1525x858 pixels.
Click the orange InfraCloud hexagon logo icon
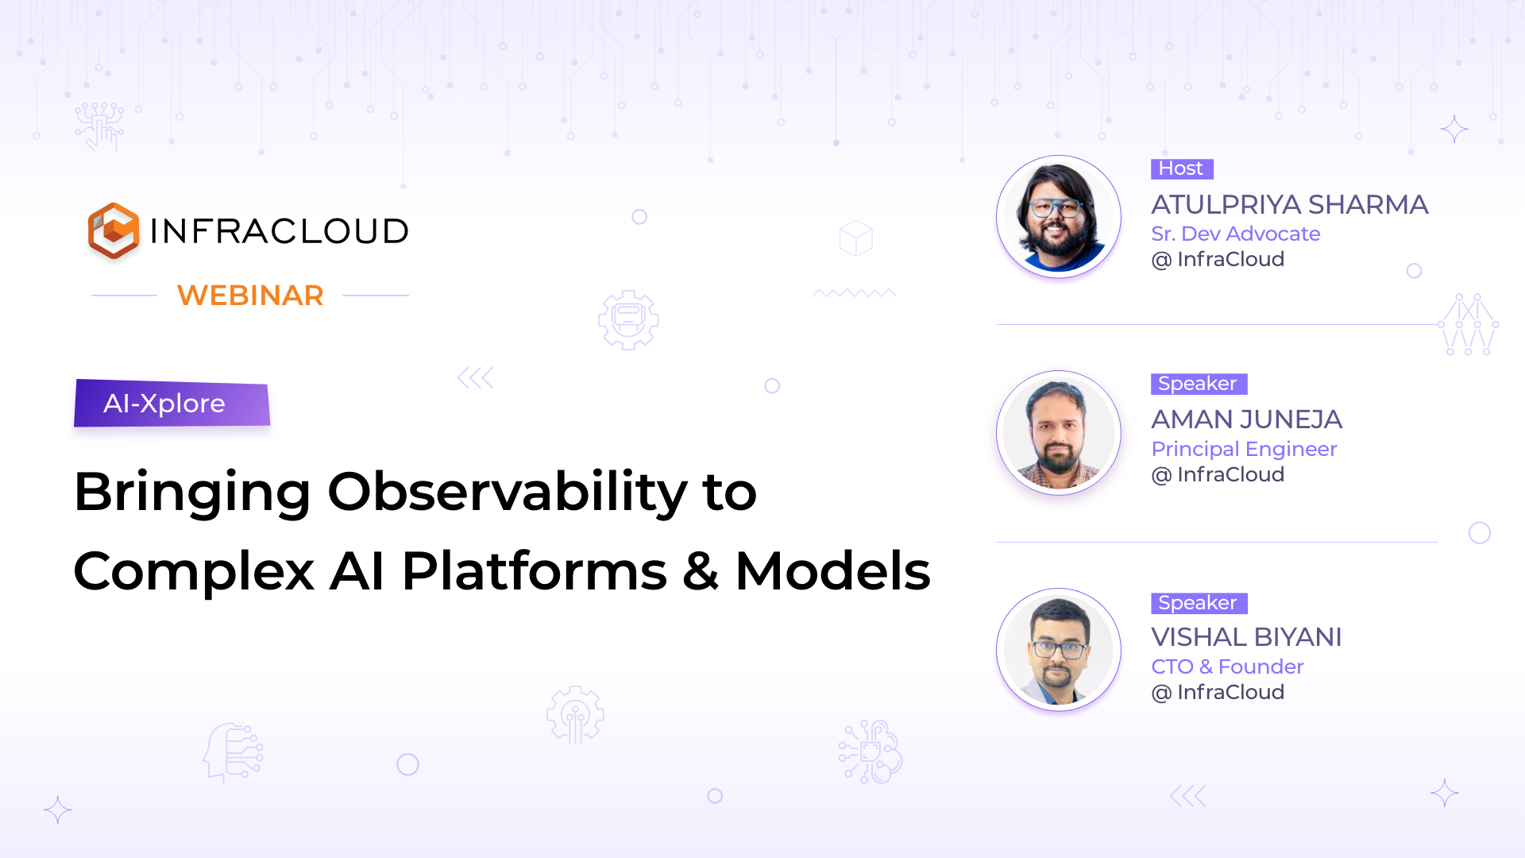[x=114, y=230]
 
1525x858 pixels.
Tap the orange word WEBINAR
[x=250, y=296]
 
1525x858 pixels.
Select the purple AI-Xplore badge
[x=172, y=403]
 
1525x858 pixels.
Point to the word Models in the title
[x=832, y=571]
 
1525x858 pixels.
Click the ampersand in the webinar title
[x=701, y=571]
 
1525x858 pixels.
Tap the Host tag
[x=1182, y=168]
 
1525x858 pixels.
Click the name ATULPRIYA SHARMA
[x=1290, y=205]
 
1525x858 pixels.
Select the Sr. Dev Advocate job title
[x=1236, y=234]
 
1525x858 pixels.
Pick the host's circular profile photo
[x=1059, y=217]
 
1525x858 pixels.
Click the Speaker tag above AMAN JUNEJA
[x=1199, y=384]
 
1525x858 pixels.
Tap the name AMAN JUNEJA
[x=1247, y=419]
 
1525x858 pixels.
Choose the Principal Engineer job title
[x=1245, y=449]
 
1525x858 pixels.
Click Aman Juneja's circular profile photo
[x=1059, y=433]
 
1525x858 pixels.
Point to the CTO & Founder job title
[x=1228, y=667]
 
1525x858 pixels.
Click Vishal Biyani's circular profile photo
[x=1059, y=650]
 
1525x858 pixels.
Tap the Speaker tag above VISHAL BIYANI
[x=1199, y=603]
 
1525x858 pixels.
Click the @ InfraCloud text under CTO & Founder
[x=1218, y=692]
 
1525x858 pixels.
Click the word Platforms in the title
[x=535, y=571]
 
